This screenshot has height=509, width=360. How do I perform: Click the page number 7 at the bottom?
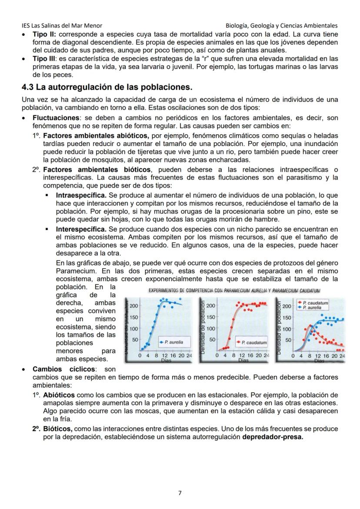(x=180, y=493)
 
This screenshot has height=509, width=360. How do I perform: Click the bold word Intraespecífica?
(x=81, y=196)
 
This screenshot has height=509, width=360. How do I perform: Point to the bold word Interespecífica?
(x=81, y=229)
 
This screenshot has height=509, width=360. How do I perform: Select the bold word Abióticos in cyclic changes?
(x=59, y=395)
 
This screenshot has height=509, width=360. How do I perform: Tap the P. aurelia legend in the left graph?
(x=171, y=343)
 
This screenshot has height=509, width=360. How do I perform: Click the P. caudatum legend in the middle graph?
(x=253, y=343)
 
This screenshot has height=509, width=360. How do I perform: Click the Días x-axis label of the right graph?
(x=320, y=361)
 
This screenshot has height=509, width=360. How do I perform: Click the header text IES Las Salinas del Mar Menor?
(x=62, y=26)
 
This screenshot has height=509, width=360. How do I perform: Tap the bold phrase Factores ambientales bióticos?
(x=97, y=170)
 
